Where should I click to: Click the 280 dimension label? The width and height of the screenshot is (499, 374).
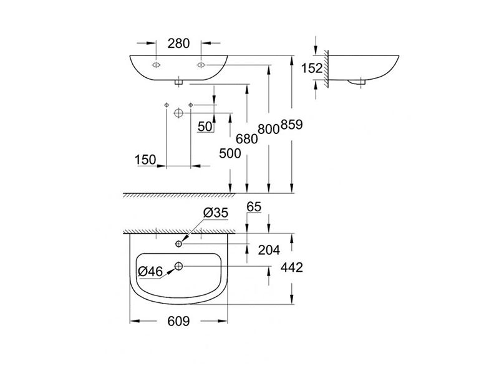(178, 44)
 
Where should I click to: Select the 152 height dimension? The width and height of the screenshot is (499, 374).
(311, 68)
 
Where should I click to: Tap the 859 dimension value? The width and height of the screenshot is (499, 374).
(291, 125)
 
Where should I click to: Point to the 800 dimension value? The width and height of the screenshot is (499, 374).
(269, 129)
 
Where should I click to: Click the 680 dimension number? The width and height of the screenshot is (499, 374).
(246, 138)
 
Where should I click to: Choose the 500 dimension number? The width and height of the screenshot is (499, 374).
(230, 153)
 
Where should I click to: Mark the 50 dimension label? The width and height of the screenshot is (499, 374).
(205, 127)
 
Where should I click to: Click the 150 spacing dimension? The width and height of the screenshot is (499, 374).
(145, 160)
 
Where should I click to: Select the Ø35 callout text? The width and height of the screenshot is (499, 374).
(216, 213)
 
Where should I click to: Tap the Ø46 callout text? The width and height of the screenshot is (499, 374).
(150, 271)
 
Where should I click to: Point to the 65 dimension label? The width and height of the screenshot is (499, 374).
(254, 207)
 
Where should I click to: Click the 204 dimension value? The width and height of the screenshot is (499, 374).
(269, 251)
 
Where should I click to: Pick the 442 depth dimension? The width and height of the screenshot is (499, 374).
(291, 267)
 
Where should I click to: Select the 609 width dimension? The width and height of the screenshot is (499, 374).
(178, 321)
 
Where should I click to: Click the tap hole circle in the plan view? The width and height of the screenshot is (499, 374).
(178, 244)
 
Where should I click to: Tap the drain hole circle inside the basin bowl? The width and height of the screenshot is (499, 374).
(178, 266)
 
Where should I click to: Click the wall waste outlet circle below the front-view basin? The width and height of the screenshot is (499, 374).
(178, 113)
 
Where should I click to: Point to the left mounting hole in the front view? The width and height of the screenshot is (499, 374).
(156, 65)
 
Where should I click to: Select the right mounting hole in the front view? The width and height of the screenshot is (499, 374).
(201, 65)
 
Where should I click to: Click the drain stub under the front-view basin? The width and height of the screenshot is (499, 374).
(178, 83)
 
